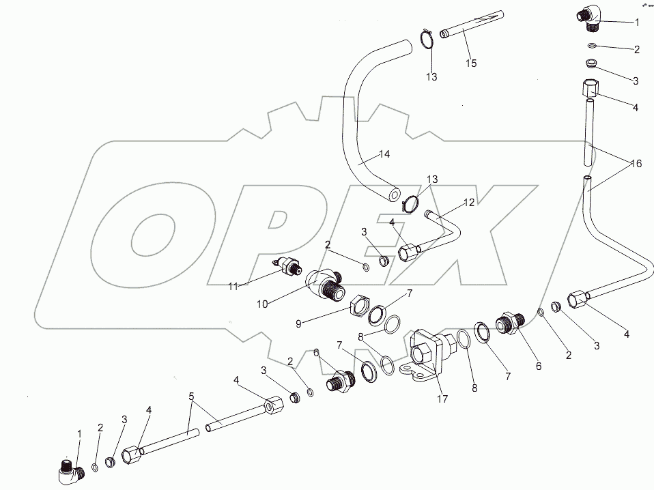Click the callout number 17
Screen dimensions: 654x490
coord(442,399)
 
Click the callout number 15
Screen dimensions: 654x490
coord(471,63)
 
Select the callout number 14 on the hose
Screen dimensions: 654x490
coord(384,155)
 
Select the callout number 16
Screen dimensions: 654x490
coord(636,164)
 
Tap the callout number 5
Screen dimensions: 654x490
coord(192,396)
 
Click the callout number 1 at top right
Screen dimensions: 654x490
coord(636,22)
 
